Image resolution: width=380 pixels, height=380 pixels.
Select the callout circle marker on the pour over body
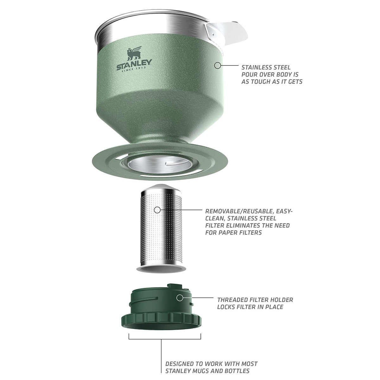pos(217,66)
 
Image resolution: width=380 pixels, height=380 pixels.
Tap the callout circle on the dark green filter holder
pos(180,298)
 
